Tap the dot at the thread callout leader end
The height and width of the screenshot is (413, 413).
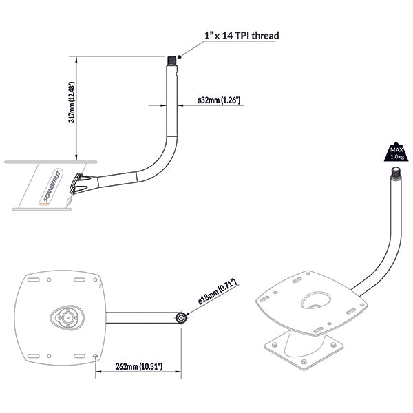coord(179,57)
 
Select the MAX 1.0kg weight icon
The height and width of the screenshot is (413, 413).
coord(396,152)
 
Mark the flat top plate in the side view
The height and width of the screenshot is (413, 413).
coord(41,163)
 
